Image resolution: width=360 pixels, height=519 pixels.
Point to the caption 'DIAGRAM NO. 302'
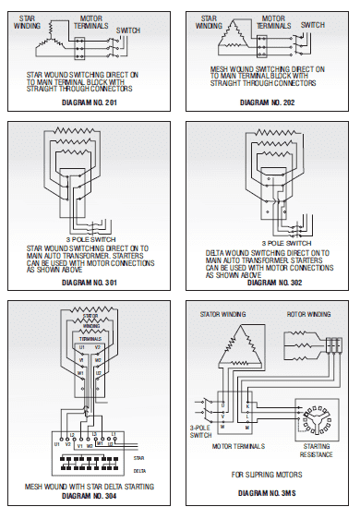click(x=268, y=281)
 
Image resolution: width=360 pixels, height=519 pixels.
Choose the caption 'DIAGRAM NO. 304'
click(x=89, y=495)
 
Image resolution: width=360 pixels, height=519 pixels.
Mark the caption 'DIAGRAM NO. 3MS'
click(x=268, y=495)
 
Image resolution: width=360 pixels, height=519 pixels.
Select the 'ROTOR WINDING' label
click(x=307, y=315)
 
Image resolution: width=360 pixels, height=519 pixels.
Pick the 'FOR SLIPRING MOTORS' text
click(x=268, y=476)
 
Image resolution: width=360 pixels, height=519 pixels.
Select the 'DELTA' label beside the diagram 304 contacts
click(x=140, y=467)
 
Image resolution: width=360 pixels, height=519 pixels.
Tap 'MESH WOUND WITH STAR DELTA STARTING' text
click(x=89, y=486)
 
